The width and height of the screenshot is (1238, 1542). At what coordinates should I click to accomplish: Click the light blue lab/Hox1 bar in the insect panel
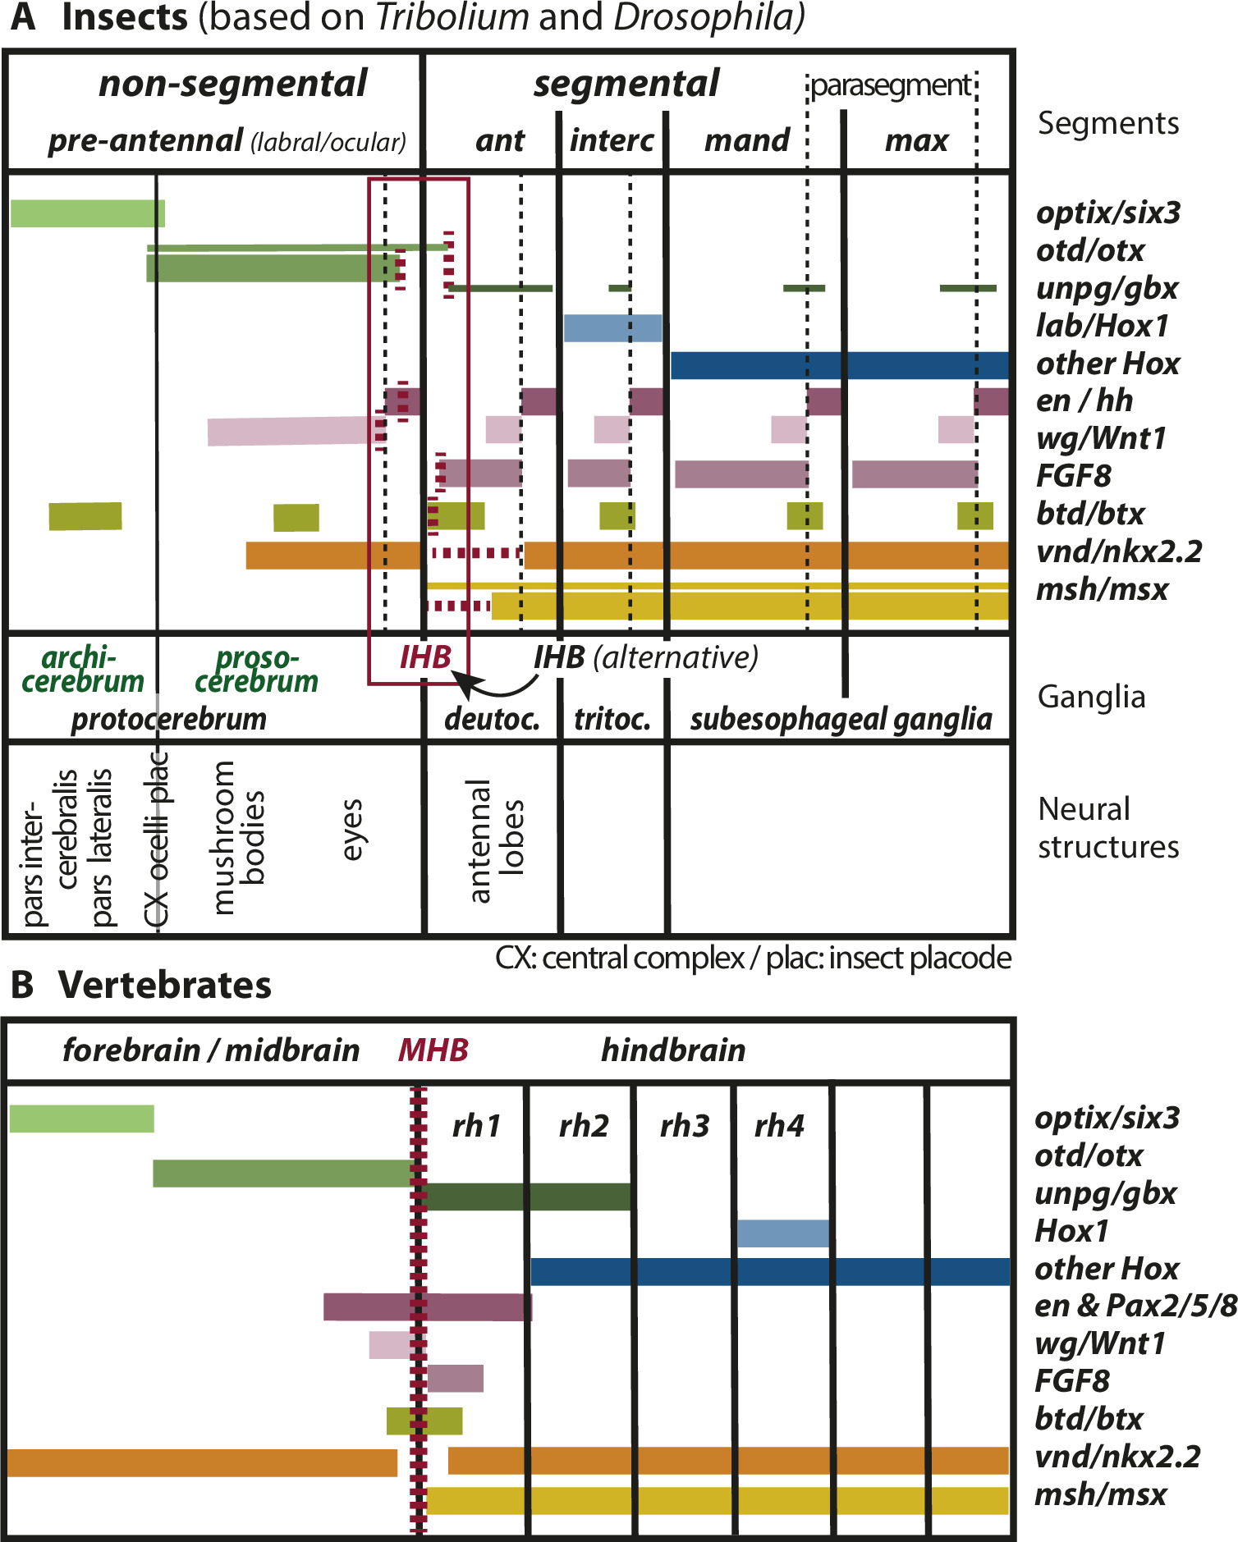point(612,327)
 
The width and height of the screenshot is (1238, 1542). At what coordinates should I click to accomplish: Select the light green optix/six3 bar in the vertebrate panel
point(81,1119)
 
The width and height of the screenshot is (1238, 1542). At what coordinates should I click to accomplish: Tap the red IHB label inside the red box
point(425,657)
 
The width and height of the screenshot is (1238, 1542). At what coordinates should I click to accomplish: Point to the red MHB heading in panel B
point(433,1050)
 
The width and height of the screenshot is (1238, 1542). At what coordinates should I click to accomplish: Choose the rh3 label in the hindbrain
point(685,1126)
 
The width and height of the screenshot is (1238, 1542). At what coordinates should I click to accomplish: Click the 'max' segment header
point(916,141)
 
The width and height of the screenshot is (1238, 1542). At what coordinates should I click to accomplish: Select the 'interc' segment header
point(612,140)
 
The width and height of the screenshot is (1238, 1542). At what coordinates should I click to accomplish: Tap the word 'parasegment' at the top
point(891,85)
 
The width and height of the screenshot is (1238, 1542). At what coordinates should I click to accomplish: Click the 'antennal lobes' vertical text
point(496,840)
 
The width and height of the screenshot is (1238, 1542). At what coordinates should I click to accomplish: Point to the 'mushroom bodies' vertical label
point(238,837)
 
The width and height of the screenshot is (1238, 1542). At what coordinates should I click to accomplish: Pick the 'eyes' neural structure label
point(351,830)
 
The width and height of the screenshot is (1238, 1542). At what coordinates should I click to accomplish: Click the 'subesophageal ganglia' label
point(841,719)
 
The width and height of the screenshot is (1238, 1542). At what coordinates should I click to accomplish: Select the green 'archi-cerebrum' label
point(82,669)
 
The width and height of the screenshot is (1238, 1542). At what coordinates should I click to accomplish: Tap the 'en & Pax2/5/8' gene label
point(1135,1305)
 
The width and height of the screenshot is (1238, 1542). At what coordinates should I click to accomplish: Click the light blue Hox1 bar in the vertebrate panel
point(782,1233)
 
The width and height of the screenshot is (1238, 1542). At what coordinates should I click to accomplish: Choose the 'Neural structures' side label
point(1107,827)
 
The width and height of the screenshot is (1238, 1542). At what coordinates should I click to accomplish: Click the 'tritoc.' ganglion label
point(612,719)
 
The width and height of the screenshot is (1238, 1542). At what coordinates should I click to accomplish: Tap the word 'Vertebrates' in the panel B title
point(165,985)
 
